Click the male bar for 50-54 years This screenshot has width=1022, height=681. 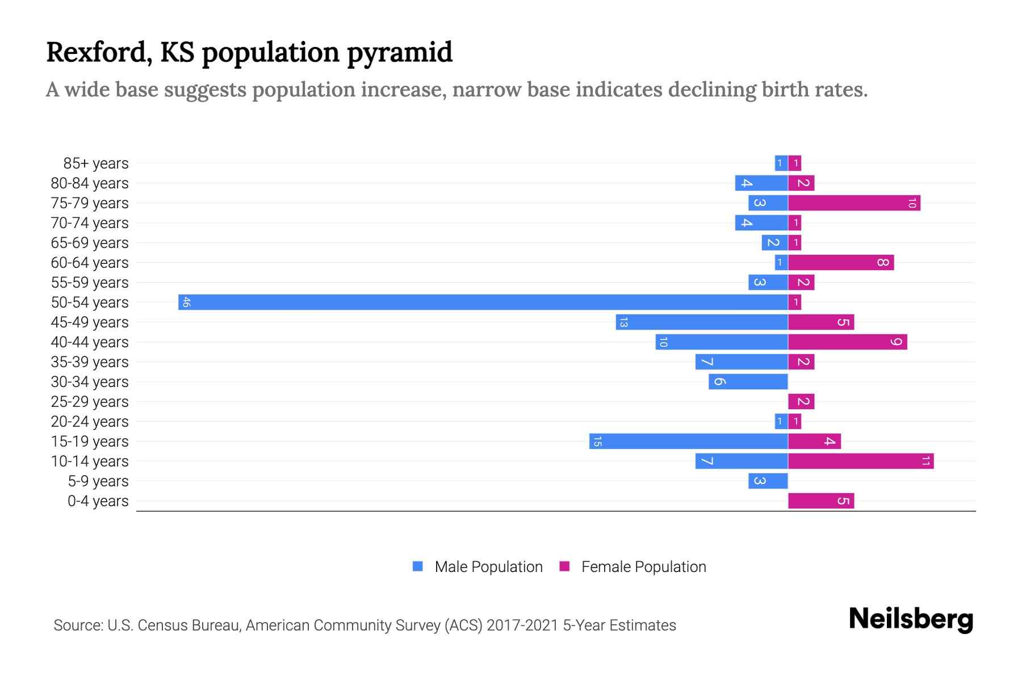point(483,302)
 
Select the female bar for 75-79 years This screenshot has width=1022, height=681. point(854,203)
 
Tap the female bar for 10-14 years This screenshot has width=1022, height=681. point(861,461)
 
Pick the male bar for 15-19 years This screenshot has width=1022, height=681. point(688,441)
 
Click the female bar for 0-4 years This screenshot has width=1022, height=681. point(821,501)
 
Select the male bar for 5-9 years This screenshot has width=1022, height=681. point(768,481)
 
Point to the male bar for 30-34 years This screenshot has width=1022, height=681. point(748,381)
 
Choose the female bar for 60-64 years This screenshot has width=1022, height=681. point(841,262)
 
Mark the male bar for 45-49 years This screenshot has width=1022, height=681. point(702,322)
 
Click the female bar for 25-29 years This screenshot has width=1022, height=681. point(801,401)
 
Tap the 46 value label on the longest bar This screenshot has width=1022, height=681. point(186,302)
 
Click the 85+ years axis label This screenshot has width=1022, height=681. point(96,163)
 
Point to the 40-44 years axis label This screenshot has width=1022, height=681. point(90,342)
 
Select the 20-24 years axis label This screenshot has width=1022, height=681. point(90,422)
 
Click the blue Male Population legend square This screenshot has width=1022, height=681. point(418,566)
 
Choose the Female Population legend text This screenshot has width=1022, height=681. point(643,567)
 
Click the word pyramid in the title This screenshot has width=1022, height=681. point(399,53)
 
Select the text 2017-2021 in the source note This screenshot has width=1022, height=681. point(522,625)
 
